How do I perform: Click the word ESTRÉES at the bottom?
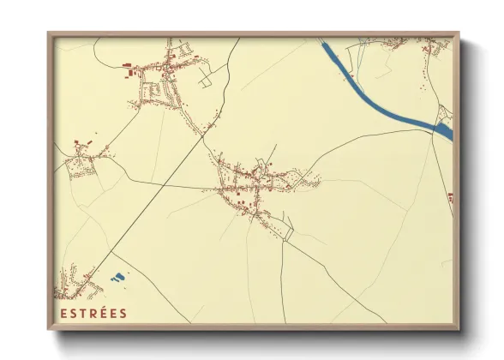click(93, 314)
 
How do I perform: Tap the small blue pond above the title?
click(118, 278)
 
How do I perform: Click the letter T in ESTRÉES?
click(83, 314)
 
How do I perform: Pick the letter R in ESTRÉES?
click(93, 314)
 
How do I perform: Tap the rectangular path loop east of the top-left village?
click(206, 80)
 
